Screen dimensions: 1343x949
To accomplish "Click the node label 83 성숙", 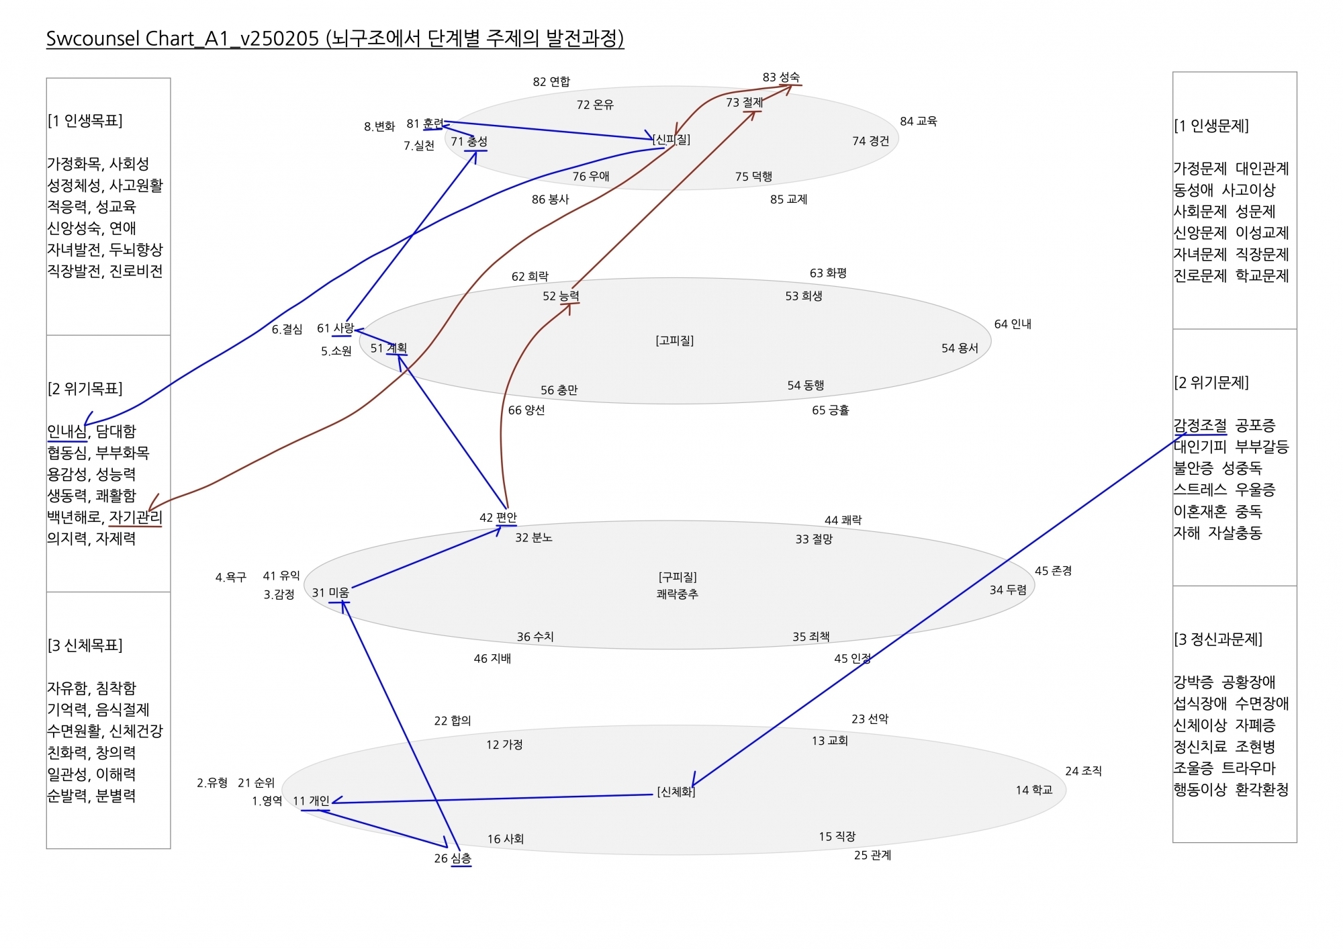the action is coord(781,77).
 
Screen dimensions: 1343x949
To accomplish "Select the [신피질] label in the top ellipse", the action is coord(671,139).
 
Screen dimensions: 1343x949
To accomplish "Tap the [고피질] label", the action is coord(675,341).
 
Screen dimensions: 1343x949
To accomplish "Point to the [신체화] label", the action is coord(676,792).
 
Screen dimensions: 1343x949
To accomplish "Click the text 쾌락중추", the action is coord(678,594).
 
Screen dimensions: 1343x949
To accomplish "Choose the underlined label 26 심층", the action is coord(453,858).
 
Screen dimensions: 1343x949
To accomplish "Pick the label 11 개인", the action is coord(311,801).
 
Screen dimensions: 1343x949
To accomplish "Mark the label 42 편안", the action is coord(498,517).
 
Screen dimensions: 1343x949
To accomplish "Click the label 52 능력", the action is coord(561,296).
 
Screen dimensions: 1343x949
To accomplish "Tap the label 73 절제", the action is coord(744,102).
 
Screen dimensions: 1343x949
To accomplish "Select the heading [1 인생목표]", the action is coord(85,121).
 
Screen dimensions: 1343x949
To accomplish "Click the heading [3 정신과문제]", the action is coord(1218,639).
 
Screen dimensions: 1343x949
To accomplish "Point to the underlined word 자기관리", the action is coord(136,517).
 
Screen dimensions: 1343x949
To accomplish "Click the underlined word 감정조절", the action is coord(1200,425).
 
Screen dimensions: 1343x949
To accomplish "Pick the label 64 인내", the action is coord(1013,324).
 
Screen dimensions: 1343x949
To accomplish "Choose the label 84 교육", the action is coord(919,121).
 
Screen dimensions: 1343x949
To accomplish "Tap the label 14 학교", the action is coord(1034,790).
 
